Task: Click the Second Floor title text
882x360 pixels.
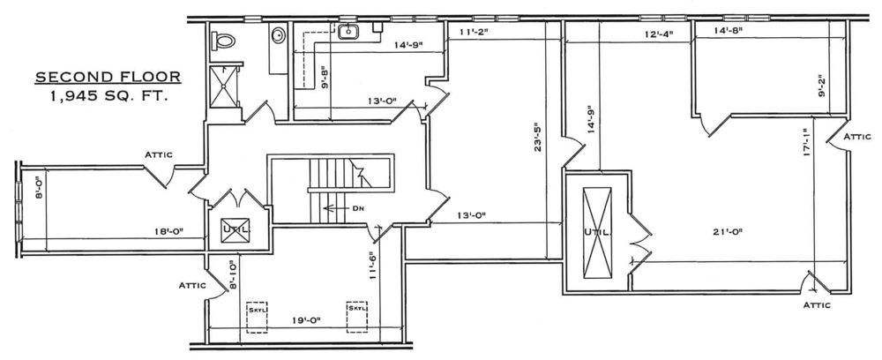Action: (108, 77)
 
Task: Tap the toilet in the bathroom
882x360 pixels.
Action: (223, 41)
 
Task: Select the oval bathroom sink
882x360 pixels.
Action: (279, 35)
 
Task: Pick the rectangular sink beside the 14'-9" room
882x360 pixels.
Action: (348, 32)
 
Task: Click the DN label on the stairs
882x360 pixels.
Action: (358, 208)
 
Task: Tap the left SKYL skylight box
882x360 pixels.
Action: (257, 318)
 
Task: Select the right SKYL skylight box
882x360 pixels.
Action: (356, 318)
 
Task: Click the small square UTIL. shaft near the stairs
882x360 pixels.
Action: (235, 230)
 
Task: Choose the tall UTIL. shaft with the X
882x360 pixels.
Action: (597, 232)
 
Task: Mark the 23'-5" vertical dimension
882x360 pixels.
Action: (538, 138)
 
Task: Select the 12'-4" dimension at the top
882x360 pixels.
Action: (660, 34)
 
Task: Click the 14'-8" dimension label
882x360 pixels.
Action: (729, 31)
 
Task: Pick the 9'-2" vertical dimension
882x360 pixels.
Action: (822, 86)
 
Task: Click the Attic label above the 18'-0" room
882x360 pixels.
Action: (159, 154)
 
